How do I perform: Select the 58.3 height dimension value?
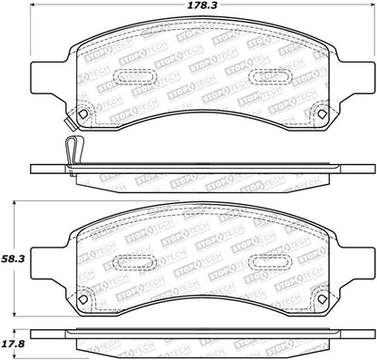click(x=13, y=258)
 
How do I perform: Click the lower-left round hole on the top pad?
click(x=83, y=115)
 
